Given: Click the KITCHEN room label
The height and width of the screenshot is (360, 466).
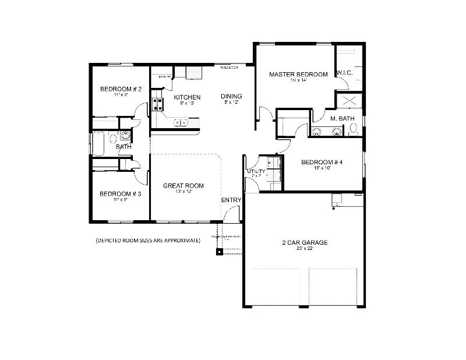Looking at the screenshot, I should (x=187, y=97).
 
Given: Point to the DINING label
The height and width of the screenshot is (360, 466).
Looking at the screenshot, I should (x=231, y=96).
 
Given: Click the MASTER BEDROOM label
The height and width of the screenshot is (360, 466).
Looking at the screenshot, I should (x=298, y=74).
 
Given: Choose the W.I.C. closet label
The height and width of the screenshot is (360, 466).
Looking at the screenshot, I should (x=348, y=74).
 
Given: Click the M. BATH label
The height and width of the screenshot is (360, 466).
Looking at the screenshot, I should (x=343, y=119).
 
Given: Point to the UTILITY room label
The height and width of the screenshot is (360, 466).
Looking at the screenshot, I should (x=256, y=172).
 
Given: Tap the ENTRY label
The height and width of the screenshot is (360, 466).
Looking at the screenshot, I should (x=231, y=200).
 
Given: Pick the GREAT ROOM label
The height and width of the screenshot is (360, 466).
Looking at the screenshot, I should (x=183, y=186).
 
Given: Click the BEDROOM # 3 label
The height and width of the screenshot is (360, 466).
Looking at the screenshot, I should (x=120, y=194).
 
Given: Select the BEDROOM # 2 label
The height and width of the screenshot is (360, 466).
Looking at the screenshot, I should (x=121, y=89).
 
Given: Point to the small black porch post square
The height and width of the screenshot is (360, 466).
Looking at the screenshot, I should (x=220, y=252).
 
